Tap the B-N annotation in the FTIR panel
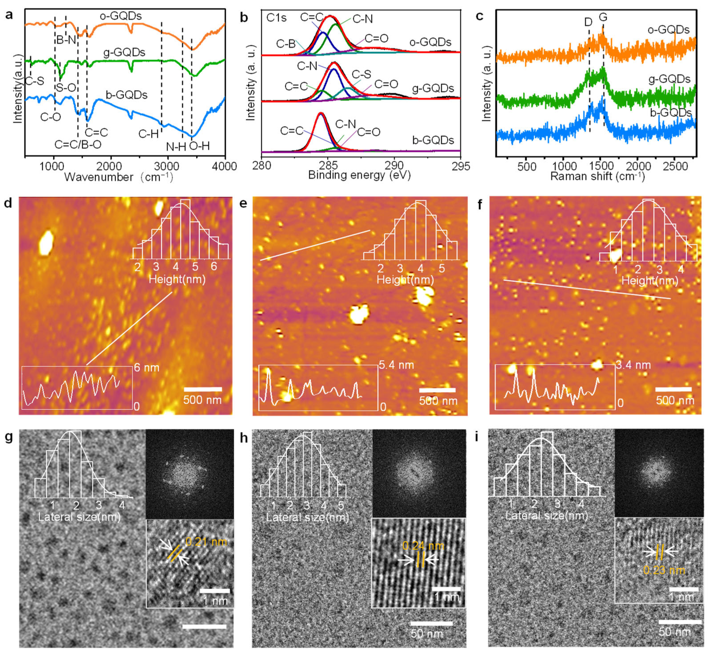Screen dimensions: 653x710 [x=66, y=40]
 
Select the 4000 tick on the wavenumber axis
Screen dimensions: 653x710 [x=224, y=166]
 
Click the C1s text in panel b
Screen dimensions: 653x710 [x=277, y=17]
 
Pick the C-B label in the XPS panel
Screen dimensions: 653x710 [x=286, y=44]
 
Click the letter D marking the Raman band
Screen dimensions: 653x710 [x=588, y=22]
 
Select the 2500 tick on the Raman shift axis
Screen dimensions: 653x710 [x=675, y=166]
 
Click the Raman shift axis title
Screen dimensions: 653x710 [x=597, y=176]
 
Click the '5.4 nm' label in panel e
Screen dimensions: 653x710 [x=396, y=365]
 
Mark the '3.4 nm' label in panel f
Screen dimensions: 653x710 [x=633, y=365]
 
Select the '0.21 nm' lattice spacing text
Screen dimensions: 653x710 [x=206, y=542]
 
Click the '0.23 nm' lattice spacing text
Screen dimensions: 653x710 [x=664, y=570]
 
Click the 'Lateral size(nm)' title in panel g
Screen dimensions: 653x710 [x=79, y=517]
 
